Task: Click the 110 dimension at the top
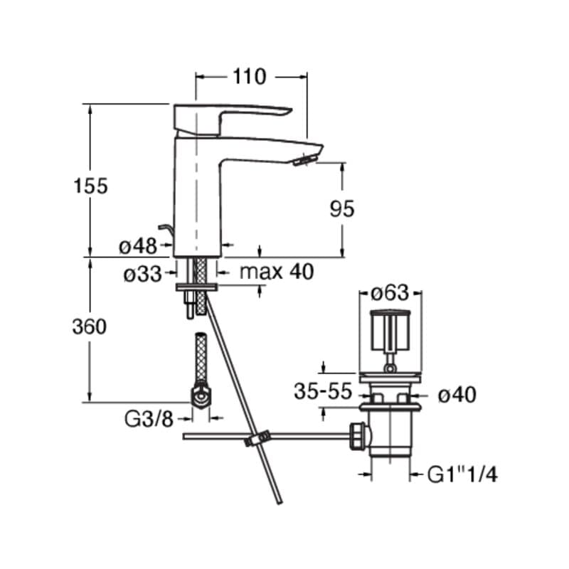[x=250, y=77]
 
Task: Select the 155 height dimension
[x=91, y=186]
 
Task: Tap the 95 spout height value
[x=342, y=209]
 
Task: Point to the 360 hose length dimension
[x=90, y=326]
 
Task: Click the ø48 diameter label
[x=138, y=247]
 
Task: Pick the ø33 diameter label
[x=143, y=274]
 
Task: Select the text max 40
[x=277, y=272]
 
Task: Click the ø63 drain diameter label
[x=390, y=292]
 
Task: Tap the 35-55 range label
[x=323, y=392]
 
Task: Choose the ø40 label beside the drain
[x=457, y=395]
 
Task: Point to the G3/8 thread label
[x=149, y=420]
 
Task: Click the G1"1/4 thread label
[x=462, y=474]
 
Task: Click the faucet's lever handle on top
[x=233, y=119]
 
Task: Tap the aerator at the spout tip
[x=306, y=159]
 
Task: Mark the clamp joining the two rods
[x=257, y=438]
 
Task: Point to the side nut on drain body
[x=358, y=436]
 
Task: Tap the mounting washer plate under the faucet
[x=196, y=287]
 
